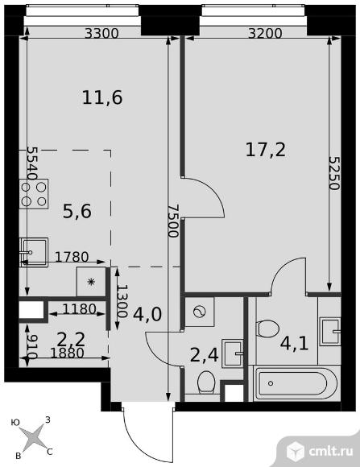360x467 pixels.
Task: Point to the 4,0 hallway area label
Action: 147,313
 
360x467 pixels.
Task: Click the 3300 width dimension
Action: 101,34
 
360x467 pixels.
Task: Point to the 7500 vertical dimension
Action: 170,219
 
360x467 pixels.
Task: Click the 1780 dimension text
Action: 72,258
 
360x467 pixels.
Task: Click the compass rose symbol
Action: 35,437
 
